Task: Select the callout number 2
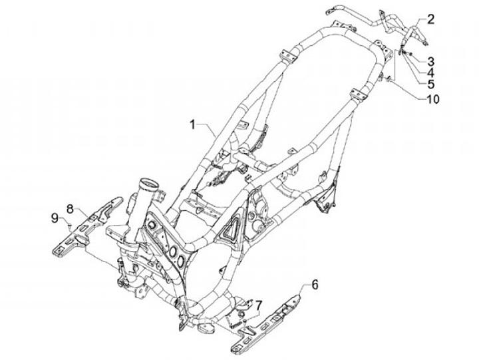point(430,19)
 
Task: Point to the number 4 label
point(430,71)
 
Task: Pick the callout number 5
point(430,84)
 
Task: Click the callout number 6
point(315,284)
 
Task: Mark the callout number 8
point(70,208)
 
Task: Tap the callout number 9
point(55,218)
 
